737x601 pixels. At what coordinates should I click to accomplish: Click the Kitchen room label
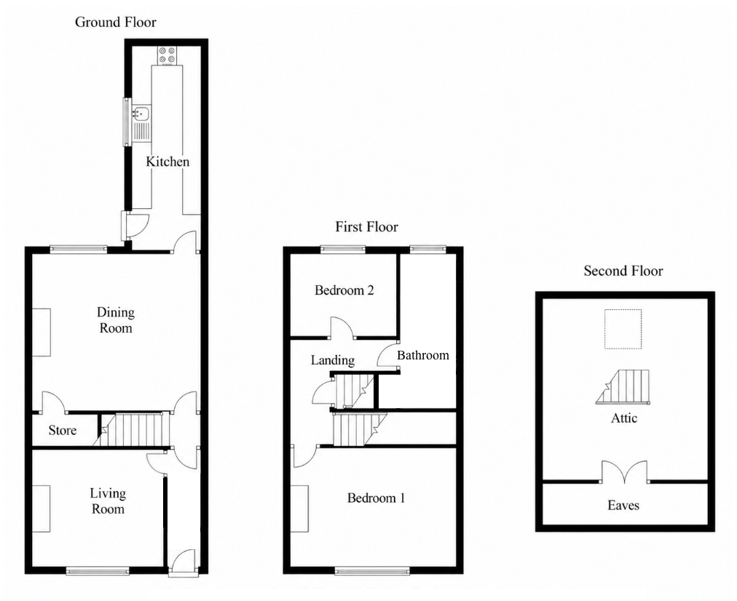(x=167, y=162)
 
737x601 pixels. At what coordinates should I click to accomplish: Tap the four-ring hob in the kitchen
(x=167, y=55)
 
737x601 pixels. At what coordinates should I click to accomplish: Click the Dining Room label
(x=116, y=320)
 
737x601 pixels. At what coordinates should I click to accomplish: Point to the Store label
(x=63, y=430)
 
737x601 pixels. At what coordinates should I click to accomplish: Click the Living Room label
(x=108, y=501)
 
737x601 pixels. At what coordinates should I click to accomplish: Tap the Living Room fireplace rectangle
(x=42, y=509)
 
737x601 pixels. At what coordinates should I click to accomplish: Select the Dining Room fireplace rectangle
(x=42, y=333)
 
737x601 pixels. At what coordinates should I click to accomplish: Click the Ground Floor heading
(x=116, y=22)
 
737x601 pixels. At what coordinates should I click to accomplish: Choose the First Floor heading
(x=366, y=227)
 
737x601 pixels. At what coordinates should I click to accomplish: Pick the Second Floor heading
(x=623, y=271)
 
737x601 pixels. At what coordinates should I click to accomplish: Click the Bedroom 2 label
(x=344, y=290)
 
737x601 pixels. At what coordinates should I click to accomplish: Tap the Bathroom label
(x=423, y=355)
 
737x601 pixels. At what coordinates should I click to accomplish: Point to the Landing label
(x=333, y=360)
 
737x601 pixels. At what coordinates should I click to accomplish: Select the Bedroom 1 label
(x=376, y=498)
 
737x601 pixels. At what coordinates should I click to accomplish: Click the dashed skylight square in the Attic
(x=623, y=329)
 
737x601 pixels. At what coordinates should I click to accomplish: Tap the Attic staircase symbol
(x=623, y=387)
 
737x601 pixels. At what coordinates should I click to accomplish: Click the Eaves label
(x=623, y=505)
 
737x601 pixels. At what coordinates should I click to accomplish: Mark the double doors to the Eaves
(x=624, y=472)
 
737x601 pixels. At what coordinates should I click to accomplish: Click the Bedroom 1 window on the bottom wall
(x=372, y=571)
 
